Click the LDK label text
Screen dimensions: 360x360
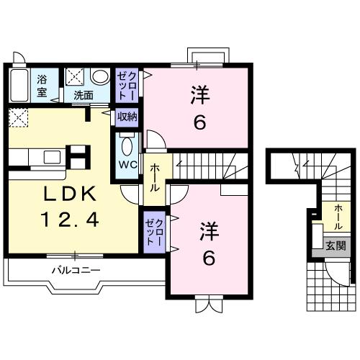[x=70, y=194]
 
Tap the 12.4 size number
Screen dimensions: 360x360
[x=70, y=220]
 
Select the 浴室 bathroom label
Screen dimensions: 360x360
[x=42, y=86]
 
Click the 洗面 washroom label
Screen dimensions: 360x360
[x=84, y=96]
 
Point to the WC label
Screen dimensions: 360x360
[x=128, y=165]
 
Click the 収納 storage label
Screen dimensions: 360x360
[x=127, y=117]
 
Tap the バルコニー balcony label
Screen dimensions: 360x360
[x=76, y=271]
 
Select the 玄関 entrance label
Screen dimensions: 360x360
[x=336, y=246]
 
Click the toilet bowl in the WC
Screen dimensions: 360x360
[x=127, y=146]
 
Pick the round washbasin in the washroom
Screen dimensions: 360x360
[x=100, y=77]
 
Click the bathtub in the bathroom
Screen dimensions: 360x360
[x=19, y=85]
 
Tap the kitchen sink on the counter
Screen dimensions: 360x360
[x=52, y=158]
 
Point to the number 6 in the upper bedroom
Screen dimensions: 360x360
[x=200, y=123]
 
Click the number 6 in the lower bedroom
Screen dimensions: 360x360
[x=209, y=258]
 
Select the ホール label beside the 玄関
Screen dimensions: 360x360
[x=338, y=217]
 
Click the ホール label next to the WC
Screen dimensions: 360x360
[x=155, y=178]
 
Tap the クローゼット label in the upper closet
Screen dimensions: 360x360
[x=127, y=86]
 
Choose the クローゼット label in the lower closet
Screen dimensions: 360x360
[x=155, y=232]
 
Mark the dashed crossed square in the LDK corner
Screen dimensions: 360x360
[x=19, y=117]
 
